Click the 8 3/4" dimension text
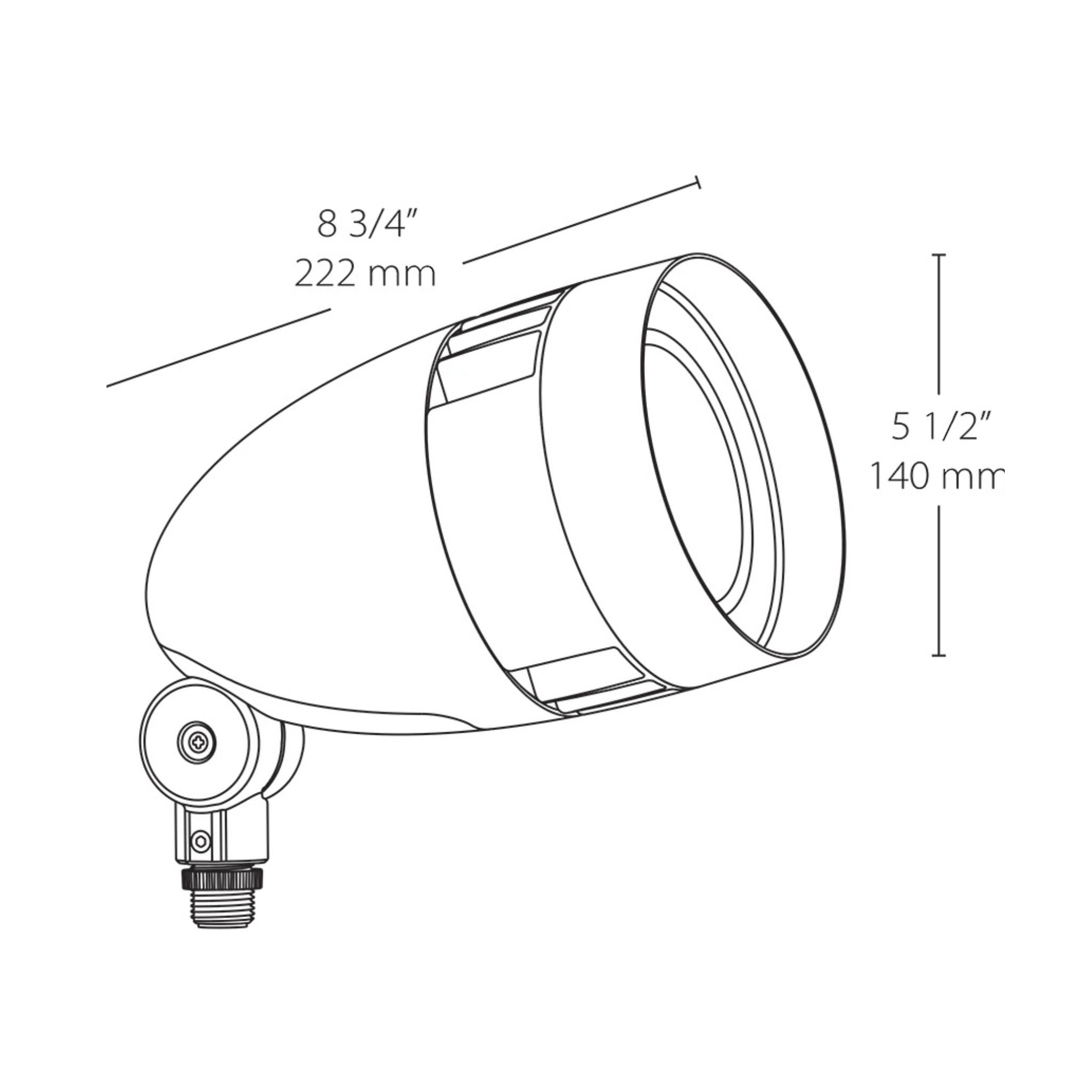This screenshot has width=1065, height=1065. [365, 224]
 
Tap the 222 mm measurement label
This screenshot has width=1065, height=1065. [365, 274]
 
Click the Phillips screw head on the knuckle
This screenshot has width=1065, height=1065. [197, 743]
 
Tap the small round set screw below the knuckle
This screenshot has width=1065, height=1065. [200, 841]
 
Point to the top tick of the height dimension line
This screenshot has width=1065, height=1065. [939, 255]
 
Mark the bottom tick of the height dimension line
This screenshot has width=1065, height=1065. [939, 656]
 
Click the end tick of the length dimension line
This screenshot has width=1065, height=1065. [698, 183]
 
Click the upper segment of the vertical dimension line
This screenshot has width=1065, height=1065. [939, 325]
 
